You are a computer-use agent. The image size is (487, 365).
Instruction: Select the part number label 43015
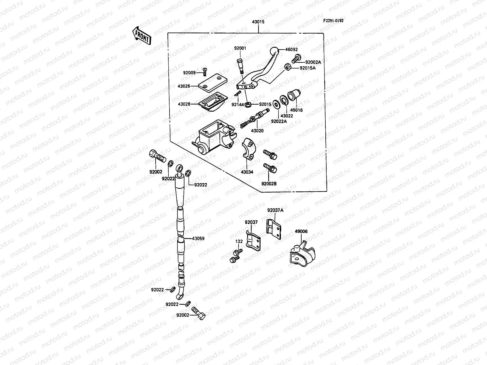tap(258, 22)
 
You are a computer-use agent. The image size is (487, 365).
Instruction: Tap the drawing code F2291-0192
tap(333, 21)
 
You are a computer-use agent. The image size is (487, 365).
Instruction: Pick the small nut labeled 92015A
tap(287, 67)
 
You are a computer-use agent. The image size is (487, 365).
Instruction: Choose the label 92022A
tap(279, 121)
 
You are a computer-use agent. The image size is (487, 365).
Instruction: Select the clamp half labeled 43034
tap(249, 148)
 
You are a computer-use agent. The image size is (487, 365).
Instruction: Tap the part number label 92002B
tap(269, 184)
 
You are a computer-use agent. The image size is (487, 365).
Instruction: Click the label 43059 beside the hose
tap(198, 238)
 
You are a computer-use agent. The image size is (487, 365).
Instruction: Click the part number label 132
tap(239, 241)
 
